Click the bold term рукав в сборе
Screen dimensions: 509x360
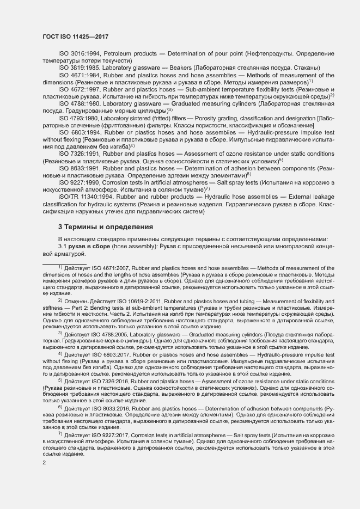pos(89,247)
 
